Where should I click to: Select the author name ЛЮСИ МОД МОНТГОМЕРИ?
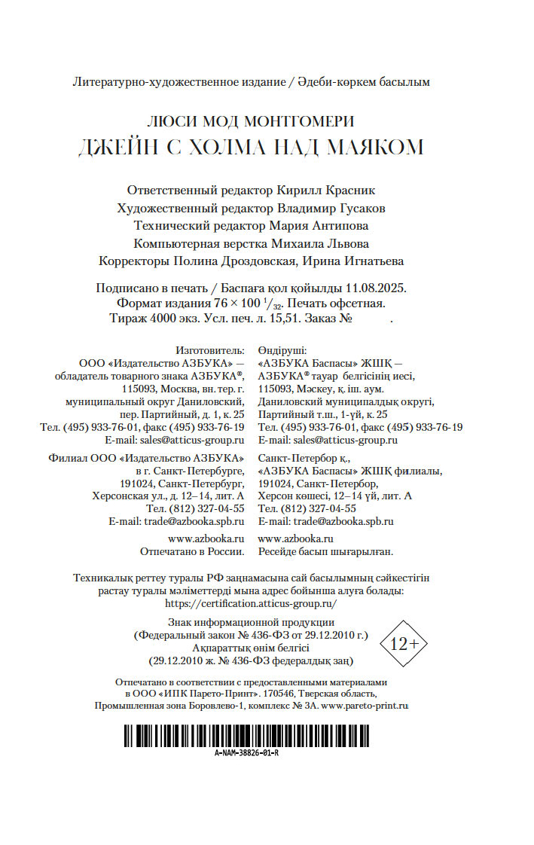(251, 122)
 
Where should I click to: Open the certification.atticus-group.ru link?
(251, 603)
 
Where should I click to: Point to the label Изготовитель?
(210, 350)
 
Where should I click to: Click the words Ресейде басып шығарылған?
(325, 551)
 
